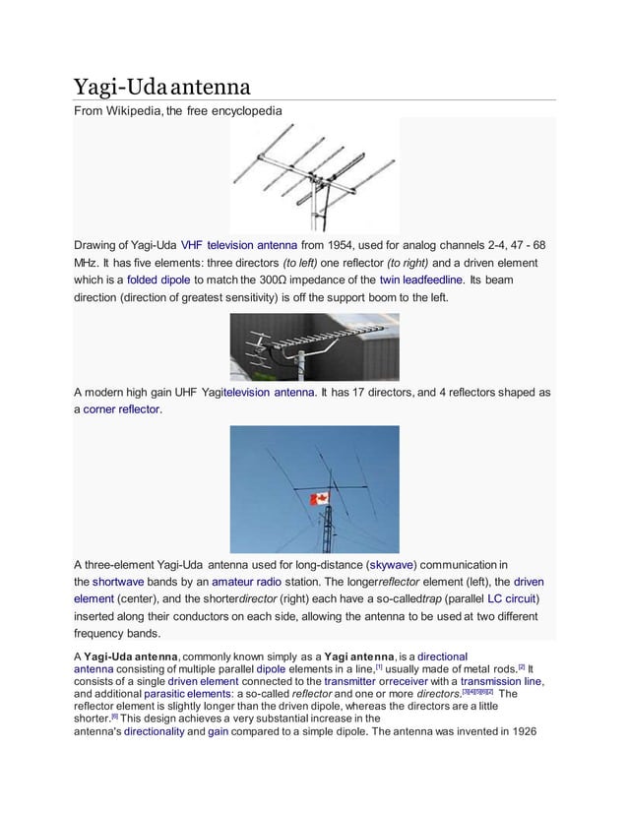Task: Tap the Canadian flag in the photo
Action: pyautogui.click(x=318, y=500)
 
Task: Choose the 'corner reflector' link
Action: pyautogui.click(x=121, y=408)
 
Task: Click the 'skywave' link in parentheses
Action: pyautogui.click(x=388, y=564)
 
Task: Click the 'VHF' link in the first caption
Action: pyautogui.click(x=191, y=244)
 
